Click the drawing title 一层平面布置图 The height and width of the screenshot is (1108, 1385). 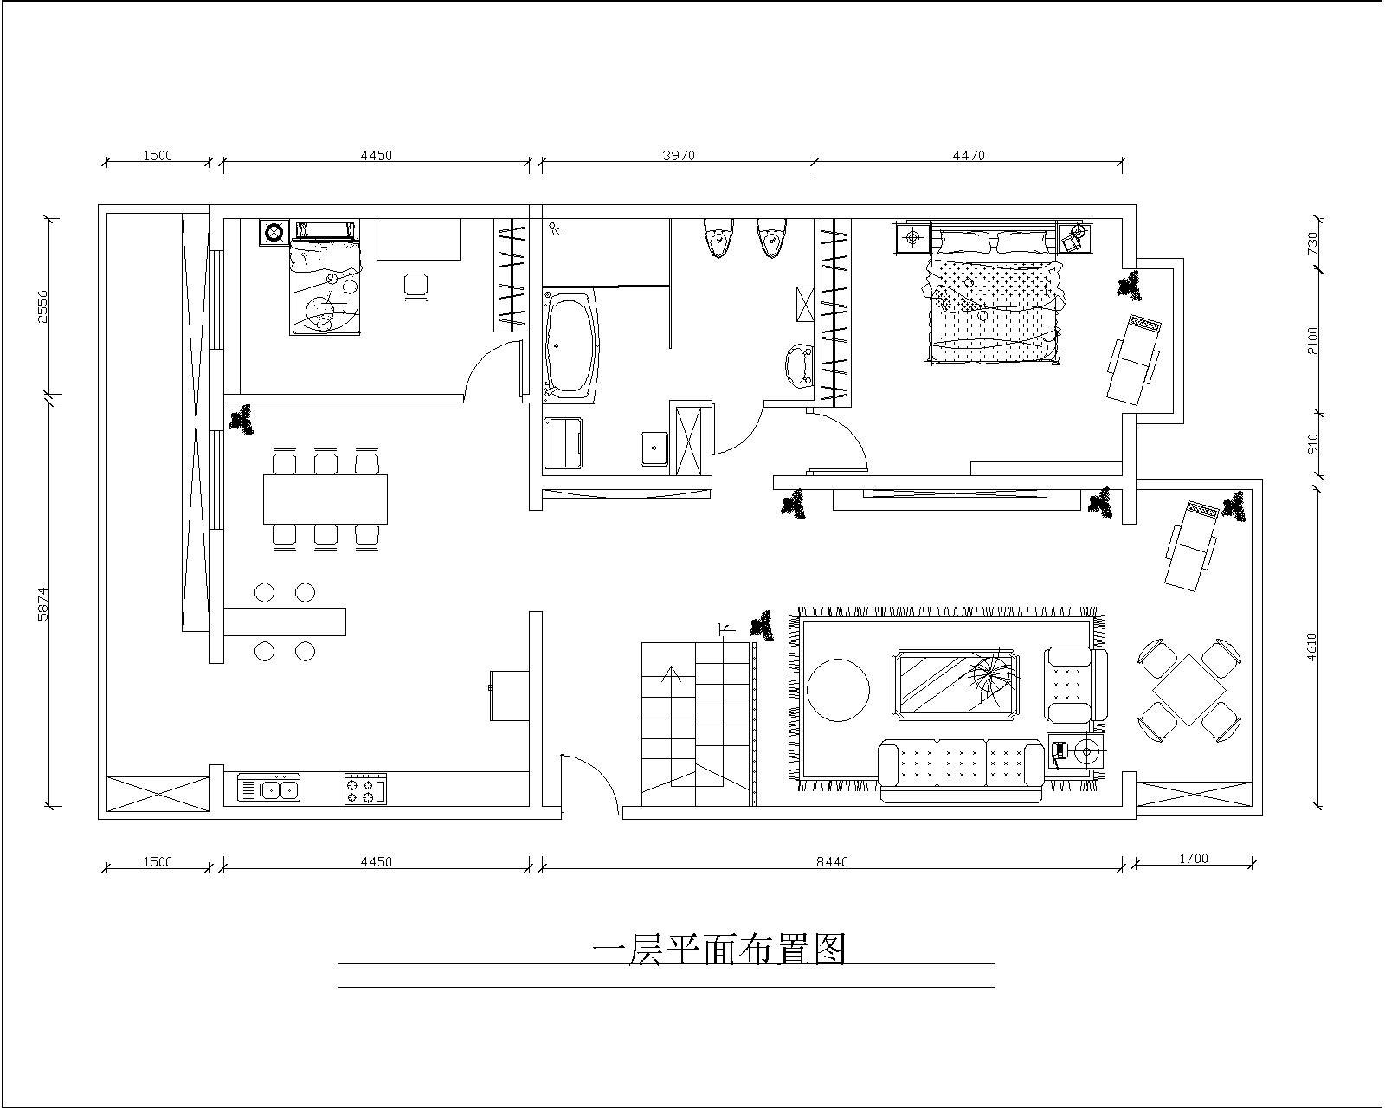tap(718, 950)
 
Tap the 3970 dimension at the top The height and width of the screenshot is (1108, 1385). tap(678, 156)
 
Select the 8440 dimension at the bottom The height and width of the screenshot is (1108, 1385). tap(832, 861)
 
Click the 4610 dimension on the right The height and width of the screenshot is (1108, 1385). tap(1311, 647)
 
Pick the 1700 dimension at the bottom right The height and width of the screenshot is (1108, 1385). tap(1193, 859)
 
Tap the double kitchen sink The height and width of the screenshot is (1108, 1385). tap(269, 789)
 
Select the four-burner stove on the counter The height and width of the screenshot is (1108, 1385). tap(365, 789)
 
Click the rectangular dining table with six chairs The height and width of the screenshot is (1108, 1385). tap(325, 499)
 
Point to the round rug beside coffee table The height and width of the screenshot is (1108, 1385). tap(838, 690)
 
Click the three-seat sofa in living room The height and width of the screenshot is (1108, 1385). tap(961, 763)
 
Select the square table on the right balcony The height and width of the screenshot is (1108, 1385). tap(1190, 690)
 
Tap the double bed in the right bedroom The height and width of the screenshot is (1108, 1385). tap(994, 307)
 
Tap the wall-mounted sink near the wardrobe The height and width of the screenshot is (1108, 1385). tap(797, 365)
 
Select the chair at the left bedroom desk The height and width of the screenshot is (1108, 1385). tap(416, 285)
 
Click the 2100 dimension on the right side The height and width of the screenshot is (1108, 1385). tap(1313, 339)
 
